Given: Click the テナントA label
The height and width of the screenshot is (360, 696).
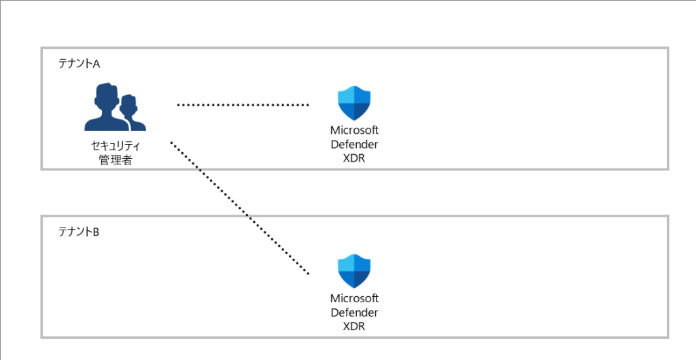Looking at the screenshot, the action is [x=80, y=64].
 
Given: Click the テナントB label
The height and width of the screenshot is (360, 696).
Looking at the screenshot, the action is [x=80, y=232].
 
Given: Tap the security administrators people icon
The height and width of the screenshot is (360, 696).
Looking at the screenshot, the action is [x=115, y=107].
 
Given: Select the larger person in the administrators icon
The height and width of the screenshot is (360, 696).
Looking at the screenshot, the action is [x=105, y=107].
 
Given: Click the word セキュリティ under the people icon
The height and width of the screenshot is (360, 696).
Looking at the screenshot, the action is [x=116, y=146].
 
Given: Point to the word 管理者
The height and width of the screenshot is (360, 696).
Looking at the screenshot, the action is [x=116, y=160].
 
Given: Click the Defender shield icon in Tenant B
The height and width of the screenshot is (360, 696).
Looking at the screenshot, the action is [x=354, y=271].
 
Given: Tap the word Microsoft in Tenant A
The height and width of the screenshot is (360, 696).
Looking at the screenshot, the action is [x=354, y=132].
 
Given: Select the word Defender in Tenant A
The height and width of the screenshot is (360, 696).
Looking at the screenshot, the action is [x=354, y=145].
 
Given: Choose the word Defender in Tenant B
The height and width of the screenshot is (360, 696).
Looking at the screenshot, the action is [x=354, y=312].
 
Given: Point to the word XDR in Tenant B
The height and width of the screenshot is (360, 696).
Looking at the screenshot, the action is [x=354, y=326].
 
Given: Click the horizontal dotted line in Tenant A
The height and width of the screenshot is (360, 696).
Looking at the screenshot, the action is [x=243, y=105].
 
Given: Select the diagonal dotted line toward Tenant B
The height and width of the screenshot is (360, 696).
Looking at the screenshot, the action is [x=239, y=209].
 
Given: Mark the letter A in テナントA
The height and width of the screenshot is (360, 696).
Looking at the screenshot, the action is [x=97, y=64].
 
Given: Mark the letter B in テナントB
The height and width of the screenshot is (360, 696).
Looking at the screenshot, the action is [x=97, y=232].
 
